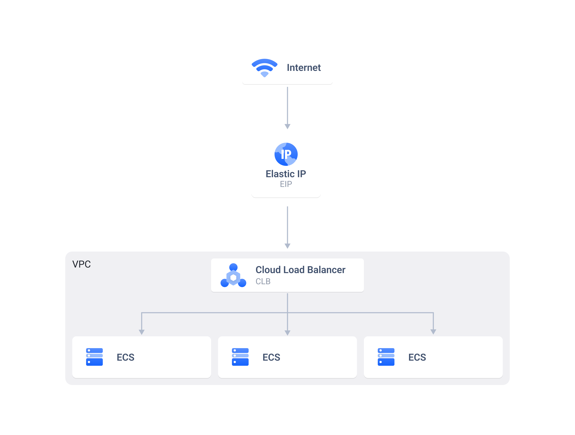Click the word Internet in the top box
point(304,68)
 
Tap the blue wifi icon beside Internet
point(264,68)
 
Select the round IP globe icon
point(286,154)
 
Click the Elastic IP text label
point(286,174)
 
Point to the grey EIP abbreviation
point(286,184)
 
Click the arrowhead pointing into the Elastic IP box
point(287,126)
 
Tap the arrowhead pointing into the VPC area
point(287,246)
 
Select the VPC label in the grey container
point(81,264)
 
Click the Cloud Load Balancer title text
point(300,270)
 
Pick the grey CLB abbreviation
point(263,281)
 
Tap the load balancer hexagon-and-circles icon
point(233,276)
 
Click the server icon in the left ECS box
point(94,357)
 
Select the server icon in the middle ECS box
point(240,357)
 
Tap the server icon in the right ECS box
point(386,357)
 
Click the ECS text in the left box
point(125,357)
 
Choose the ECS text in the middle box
point(271,357)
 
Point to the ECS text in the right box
point(417,357)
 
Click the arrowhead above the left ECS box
point(142,332)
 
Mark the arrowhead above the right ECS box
point(433,332)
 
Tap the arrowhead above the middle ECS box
point(287,332)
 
